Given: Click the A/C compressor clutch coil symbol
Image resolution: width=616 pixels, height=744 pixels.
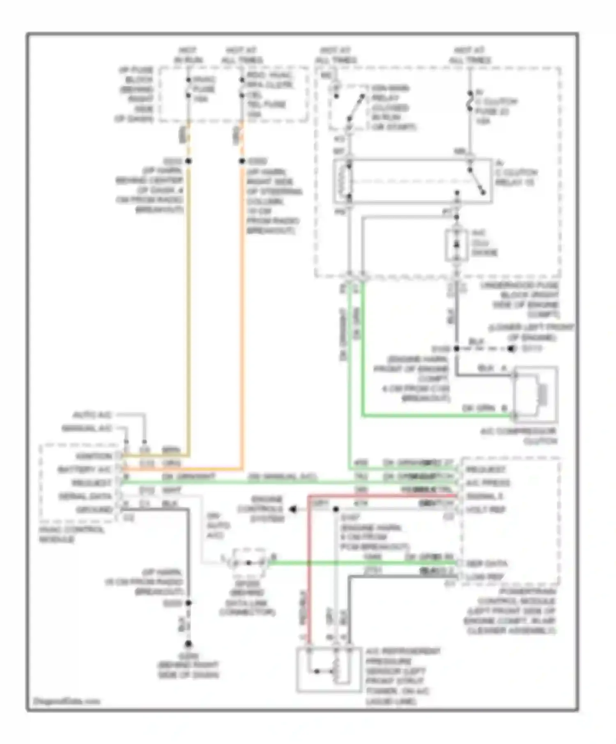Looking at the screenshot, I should click(542, 394).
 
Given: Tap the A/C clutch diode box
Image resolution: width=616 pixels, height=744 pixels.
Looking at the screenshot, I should click(456, 245).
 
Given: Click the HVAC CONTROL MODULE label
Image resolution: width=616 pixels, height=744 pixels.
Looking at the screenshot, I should click(72, 534).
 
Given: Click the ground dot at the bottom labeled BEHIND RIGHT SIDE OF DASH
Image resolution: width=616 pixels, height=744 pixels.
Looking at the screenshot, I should click(188, 644).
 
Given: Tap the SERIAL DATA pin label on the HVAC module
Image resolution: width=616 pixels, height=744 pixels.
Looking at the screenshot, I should click(85, 496).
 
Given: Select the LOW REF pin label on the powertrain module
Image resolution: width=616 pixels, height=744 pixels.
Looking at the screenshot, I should click(485, 577).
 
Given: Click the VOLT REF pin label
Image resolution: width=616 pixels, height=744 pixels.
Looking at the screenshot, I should click(486, 509).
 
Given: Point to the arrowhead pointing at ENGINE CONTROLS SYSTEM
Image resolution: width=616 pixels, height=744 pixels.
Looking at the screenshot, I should click(293, 509).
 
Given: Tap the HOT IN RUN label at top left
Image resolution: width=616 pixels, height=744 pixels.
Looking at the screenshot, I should click(188, 55).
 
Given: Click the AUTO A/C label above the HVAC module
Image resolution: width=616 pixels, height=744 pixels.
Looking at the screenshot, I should click(92, 415).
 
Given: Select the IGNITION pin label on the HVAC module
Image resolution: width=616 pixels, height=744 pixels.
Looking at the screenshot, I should click(94, 456).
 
